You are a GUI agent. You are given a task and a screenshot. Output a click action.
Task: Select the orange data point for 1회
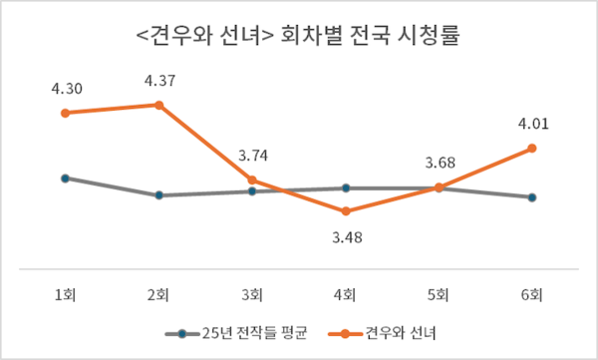(65, 113)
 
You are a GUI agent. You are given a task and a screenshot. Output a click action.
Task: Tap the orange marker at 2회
(158, 104)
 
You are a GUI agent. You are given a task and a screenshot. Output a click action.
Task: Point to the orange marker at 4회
(346, 211)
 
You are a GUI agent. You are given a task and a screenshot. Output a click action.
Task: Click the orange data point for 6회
(532, 149)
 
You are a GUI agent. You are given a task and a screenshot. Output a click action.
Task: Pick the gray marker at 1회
(65, 179)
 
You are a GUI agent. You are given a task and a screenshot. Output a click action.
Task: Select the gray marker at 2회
(158, 195)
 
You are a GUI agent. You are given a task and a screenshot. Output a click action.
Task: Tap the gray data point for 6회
(532, 197)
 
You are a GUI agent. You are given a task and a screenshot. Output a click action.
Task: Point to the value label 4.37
(160, 80)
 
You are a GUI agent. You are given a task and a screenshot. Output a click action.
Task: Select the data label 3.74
(252, 157)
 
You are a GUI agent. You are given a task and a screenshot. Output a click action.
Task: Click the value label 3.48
(346, 236)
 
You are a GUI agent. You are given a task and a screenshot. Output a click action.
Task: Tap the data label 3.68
(439, 163)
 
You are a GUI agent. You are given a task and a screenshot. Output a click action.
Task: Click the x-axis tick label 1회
(65, 294)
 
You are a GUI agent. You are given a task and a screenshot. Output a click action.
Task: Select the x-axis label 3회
(252, 294)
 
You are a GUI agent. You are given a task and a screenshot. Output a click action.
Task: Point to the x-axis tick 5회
(439, 294)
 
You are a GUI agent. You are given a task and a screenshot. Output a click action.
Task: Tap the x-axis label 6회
(532, 294)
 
